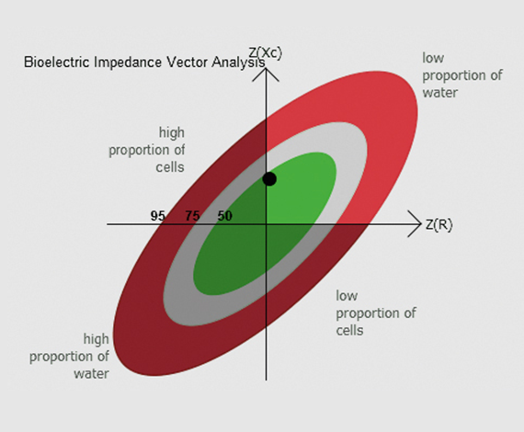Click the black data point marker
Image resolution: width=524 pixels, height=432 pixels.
coord(269,179)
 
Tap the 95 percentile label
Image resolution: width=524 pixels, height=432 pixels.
coord(158,216)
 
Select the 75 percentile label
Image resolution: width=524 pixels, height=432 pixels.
coord(192,216)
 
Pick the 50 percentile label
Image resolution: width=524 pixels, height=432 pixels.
coord(225,216)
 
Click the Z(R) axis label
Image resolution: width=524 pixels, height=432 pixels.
coord(439,224)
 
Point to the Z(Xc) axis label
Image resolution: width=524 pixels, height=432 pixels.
coord(266,52)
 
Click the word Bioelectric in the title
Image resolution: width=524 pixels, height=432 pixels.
coord(57,63)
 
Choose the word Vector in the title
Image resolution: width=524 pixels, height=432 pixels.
coord(188,63)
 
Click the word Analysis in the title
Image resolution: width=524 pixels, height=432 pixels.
coord(238,63)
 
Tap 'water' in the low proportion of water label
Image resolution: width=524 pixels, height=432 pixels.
coord(439,93)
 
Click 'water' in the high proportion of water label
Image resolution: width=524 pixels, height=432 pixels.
coord(92,373)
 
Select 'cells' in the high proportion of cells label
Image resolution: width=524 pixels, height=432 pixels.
coord(170,166)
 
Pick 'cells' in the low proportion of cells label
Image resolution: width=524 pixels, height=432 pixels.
coord(349,330)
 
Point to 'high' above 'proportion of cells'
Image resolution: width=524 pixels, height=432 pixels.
coord(171,133)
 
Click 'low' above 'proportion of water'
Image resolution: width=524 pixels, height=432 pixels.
coord(433,58)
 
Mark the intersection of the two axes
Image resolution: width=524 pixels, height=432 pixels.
coord(266,224)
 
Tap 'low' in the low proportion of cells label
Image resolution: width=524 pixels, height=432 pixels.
coord(347,296)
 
